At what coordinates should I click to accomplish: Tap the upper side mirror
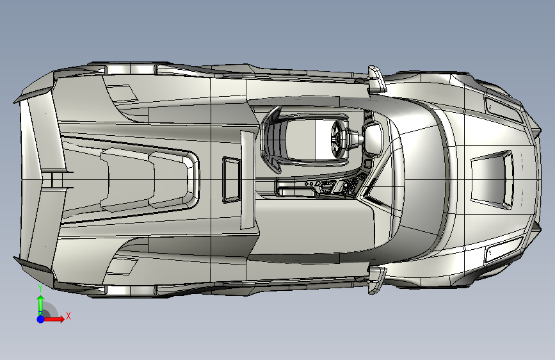pyautogui.click(x=376, y=79)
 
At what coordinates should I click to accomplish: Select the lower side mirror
pyautogui.click(x=376, y=279)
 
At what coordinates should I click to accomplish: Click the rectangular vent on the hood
pyautogui.click(x=492, y=179)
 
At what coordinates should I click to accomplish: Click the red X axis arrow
pyautogui.click(x=54, y=319)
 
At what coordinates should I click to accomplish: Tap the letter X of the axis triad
pyautogui.click(x=68, y=316)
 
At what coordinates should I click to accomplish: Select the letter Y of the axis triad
pyautogui.click(x=40, y=288)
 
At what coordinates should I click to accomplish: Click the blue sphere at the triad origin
pyautogui.click(x=41, y=319)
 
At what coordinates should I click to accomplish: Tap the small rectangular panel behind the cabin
pyautogui.click(x=232, y=179)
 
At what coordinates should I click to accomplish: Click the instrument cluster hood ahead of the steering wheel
pyautogui.click(x=373, y=138)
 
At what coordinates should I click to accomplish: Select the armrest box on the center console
pyautogui.click(x=296, y=188)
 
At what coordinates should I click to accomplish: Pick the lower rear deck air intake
pyautogui.click(x=122, y=266)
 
